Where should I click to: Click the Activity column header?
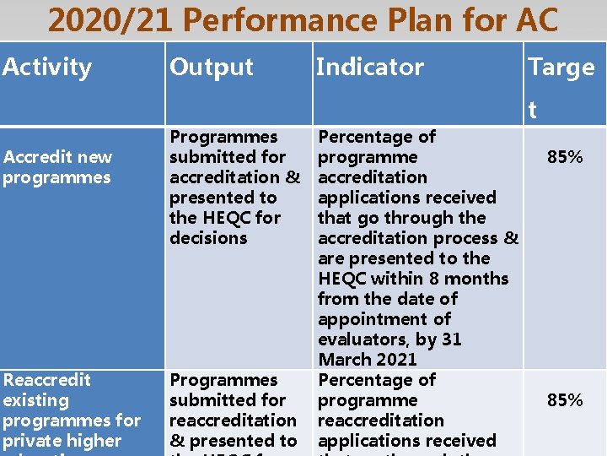pos(47,67)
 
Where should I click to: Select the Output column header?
pos(211,67)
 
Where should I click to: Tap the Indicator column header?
pos(369,67)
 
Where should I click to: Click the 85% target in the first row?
pos(565,157)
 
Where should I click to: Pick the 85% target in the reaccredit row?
pos(565,400)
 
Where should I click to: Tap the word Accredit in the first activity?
pos(33,157)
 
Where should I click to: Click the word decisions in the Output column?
pos(208,238)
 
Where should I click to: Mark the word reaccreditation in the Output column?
pos(233,421)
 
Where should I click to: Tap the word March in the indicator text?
pos(342,360)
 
